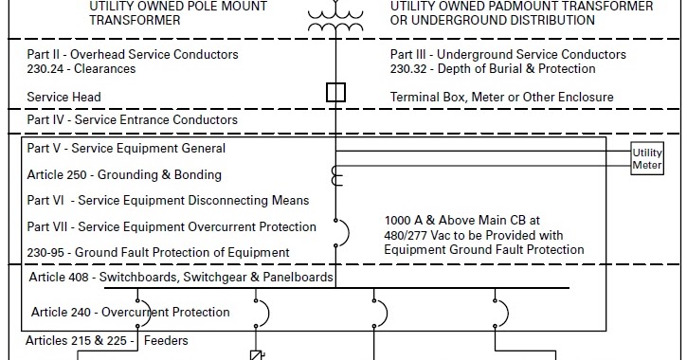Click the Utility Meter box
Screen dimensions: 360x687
pyautogui.click(x=648, y=159)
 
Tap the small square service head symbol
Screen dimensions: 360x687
pyautogui.click(x=334, y=93)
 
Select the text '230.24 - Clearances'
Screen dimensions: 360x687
pyautogui.click(x=81, y=69)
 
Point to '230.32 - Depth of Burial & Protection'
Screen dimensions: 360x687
pyautogui.click(x=493, y=69)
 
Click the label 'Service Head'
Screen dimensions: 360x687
pyautogui.click(x=63, y=97)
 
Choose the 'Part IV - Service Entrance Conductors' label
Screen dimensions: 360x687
pyautogui.click(x=132, y=120)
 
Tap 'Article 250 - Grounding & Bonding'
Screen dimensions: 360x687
pyautogui.click(x=124, y=175)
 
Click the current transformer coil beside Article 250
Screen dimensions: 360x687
pyautogui.click(x=335, y=176)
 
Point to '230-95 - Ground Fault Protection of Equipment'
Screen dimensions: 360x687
pyautogui.click(x=158, y=252)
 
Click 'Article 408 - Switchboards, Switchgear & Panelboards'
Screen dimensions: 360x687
pyautogui.click(x=181, y=278)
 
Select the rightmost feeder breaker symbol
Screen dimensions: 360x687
pyautogui.click(x=499, y=312)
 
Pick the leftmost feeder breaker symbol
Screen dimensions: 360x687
pyautogui.click(x=261, y=312)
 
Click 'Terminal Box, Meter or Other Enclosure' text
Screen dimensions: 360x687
pyautogui.click(x=501, y=97)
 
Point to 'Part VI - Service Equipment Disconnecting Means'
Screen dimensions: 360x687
pyautogui.click(x=168, y=201)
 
